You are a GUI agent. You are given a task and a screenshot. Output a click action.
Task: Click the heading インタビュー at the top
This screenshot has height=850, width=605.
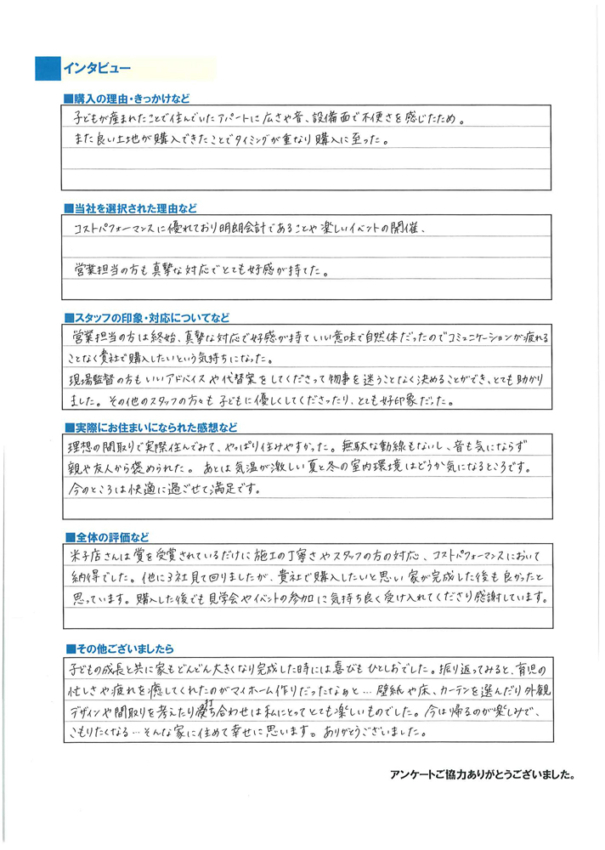click(91, 68)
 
